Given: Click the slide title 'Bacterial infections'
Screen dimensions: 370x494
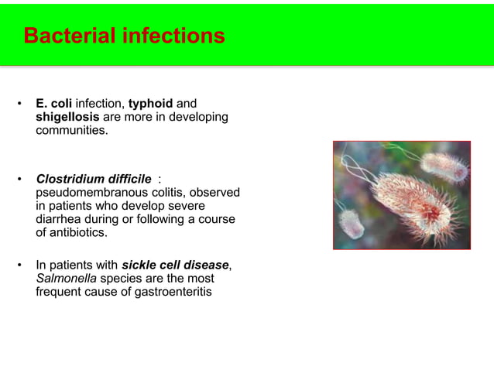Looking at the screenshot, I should click(124, 36).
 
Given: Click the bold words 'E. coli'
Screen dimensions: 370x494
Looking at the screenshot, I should click(53, 103).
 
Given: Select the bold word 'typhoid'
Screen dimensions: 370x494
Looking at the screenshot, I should click(152, 103).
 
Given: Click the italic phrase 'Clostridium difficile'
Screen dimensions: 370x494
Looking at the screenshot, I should click(93, 179).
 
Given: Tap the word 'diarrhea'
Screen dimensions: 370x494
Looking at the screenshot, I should click(60, 219).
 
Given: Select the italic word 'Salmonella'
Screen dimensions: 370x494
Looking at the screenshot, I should click(66, 279).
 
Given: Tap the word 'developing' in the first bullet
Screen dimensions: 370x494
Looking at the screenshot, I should click(199, 117).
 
